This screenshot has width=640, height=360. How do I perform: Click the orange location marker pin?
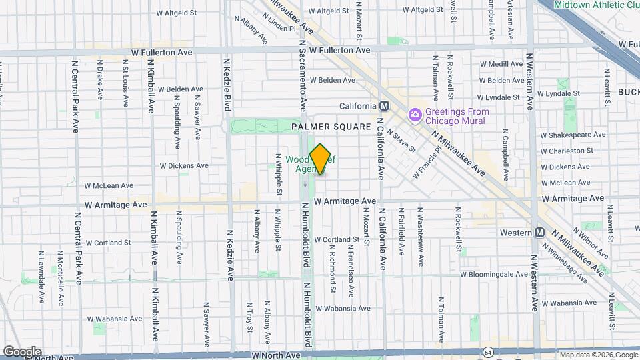click(320, 159)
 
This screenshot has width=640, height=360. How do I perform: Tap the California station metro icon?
click(384, 106)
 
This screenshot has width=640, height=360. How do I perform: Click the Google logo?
click(22, 351)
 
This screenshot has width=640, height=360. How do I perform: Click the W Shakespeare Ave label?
click(574, 134)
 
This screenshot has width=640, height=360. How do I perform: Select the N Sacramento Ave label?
click(302, 75)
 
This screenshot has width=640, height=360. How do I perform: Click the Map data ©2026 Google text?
click(598, 355)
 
